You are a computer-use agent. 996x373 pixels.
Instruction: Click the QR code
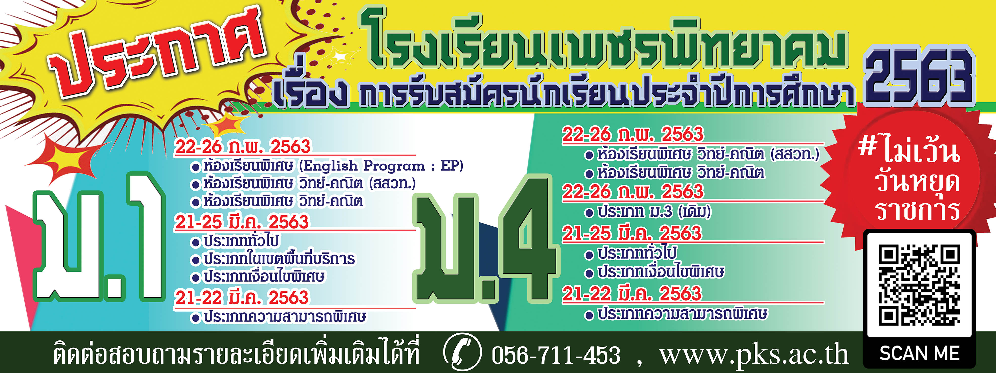(919, 285)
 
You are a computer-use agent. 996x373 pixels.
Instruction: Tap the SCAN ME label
(919, 353)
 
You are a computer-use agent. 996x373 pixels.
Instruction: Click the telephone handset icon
(462, 352)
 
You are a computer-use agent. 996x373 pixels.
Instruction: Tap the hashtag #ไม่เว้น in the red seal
(909, 149)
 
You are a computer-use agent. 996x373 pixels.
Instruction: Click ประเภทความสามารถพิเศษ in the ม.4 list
(683, 314)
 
